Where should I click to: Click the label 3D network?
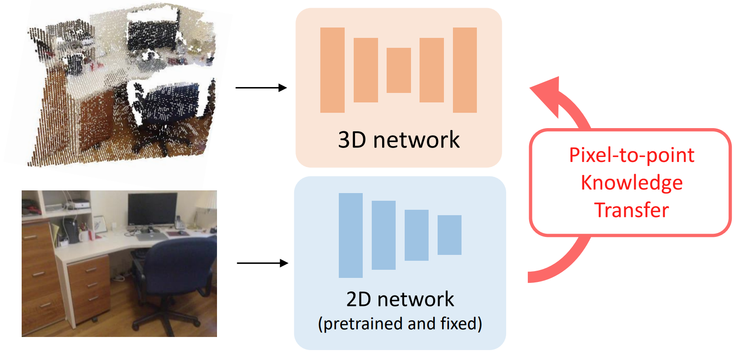point(399,140)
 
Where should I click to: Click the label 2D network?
point(400,299)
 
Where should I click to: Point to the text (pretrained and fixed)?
point(400,324)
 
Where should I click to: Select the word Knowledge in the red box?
point(632,183)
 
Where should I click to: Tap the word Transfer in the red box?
point(632,210)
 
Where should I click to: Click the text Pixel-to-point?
point(632,155)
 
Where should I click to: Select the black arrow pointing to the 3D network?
point(261,88)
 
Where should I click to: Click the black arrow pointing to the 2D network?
point(262,263)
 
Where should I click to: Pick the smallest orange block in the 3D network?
point(399,70)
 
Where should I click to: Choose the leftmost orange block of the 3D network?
point(332,70)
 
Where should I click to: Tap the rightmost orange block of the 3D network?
point(465,70)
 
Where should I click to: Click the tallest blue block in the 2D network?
point(351,235)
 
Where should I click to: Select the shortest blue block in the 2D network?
point(449,235)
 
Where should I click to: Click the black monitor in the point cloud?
point(151,34)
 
